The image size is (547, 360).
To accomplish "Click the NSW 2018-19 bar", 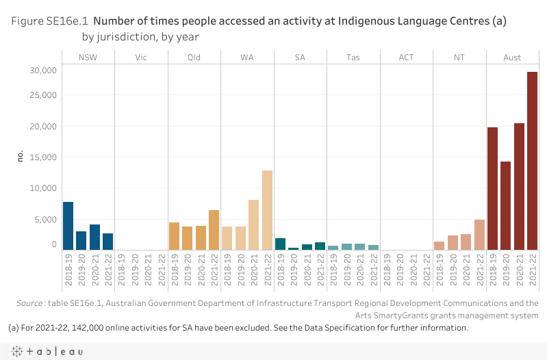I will (68, 226).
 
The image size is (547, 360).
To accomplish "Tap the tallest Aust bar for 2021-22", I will (532, 161).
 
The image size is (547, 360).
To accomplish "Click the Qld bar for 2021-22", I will (214, 230).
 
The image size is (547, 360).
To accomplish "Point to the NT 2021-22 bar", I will (479, 235).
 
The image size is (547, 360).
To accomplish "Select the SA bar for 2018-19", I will (280, 244).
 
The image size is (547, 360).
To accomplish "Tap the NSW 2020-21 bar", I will (94, 237).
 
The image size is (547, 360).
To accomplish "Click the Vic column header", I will (141, 57).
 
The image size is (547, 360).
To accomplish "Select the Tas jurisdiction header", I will (353, 57).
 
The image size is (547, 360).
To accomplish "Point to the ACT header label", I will (406, 57).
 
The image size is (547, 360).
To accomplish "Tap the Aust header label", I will (512, 57).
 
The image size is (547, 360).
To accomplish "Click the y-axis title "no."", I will (21, 157).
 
